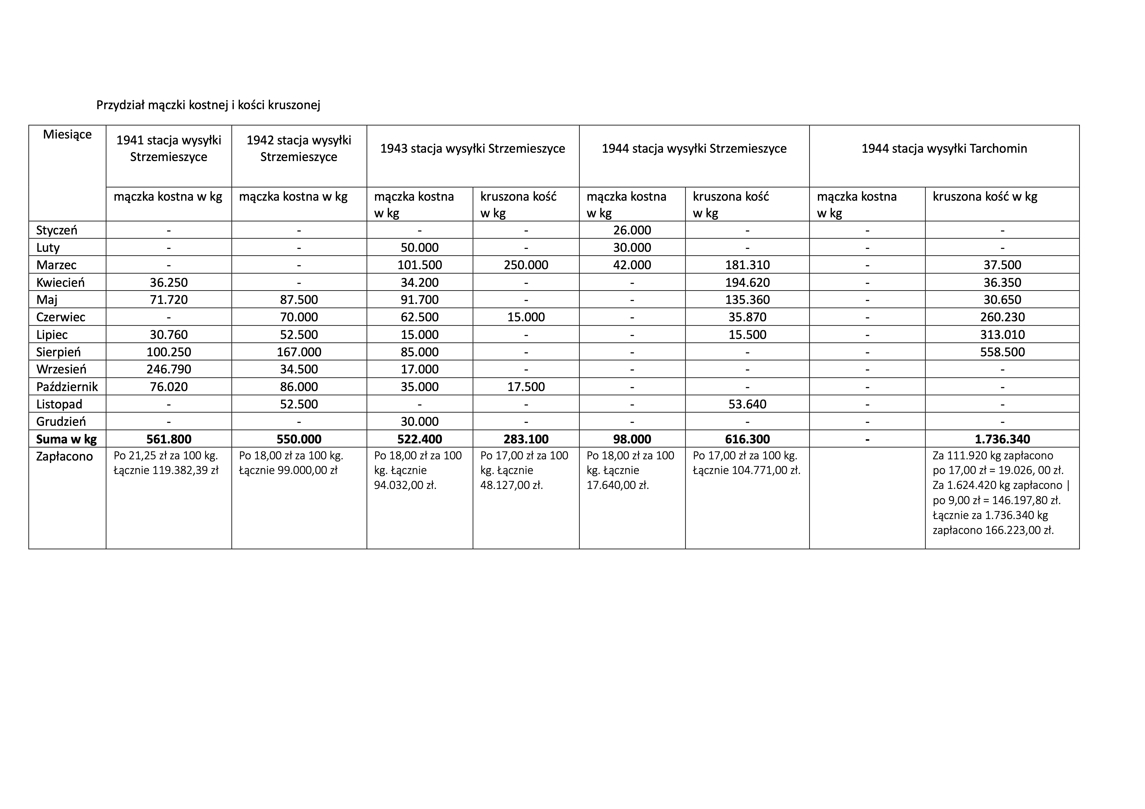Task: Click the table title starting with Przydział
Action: [x=208, y=105]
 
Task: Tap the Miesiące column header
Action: [x=67, y=135]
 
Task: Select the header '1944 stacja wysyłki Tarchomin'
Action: [x=944, y=149]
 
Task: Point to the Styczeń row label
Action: [x=57, y=230]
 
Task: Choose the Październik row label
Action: [x=67, y=387]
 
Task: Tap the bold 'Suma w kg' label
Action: [x=66, y=439]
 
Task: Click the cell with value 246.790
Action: [x=169, y=369]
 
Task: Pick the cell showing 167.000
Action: [x=299, y=352]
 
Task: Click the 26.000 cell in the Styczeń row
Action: [x=632, y=230]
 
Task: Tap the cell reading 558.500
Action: [x=1002, y=352]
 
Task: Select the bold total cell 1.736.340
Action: [x=1002, y=439]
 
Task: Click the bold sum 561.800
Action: [x=169, y=439]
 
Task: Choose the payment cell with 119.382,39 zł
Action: [x=166, y=463]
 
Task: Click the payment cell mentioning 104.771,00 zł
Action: [x=746, y=463]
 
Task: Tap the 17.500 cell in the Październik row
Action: [x=526, y=387]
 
